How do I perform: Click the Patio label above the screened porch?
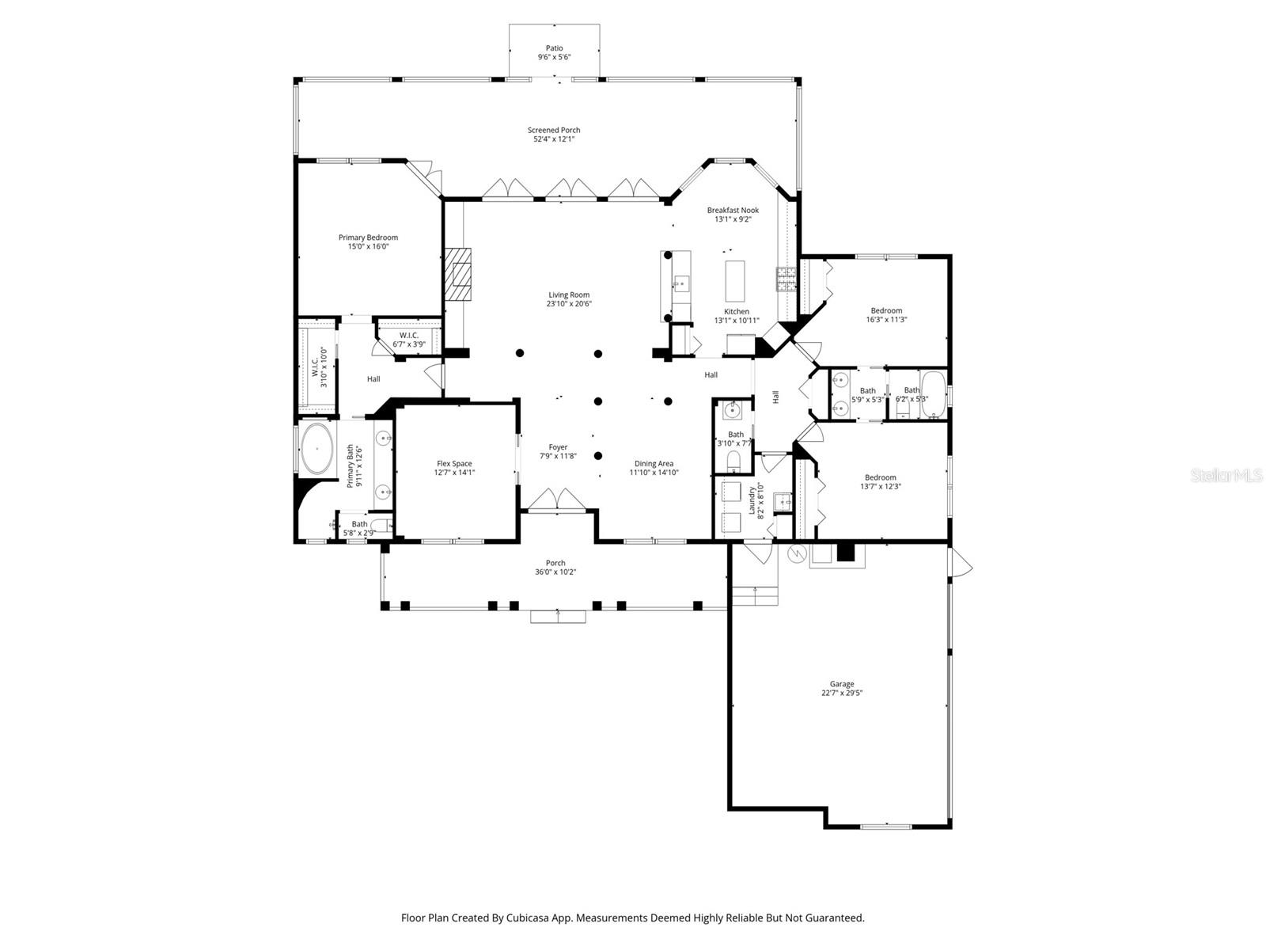554,48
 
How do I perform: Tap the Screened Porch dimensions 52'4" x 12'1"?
554,139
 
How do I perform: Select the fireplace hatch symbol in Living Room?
457,274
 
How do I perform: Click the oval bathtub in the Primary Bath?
316,449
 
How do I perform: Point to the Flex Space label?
454,464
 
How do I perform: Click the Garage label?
842,684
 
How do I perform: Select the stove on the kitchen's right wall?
786,280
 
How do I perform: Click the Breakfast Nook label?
733,210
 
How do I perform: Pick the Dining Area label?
654,464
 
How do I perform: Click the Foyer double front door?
559,501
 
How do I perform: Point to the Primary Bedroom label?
368,237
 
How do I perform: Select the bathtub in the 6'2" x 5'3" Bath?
934,393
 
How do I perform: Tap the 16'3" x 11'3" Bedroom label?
886,311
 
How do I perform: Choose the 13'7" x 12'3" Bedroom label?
880,477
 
